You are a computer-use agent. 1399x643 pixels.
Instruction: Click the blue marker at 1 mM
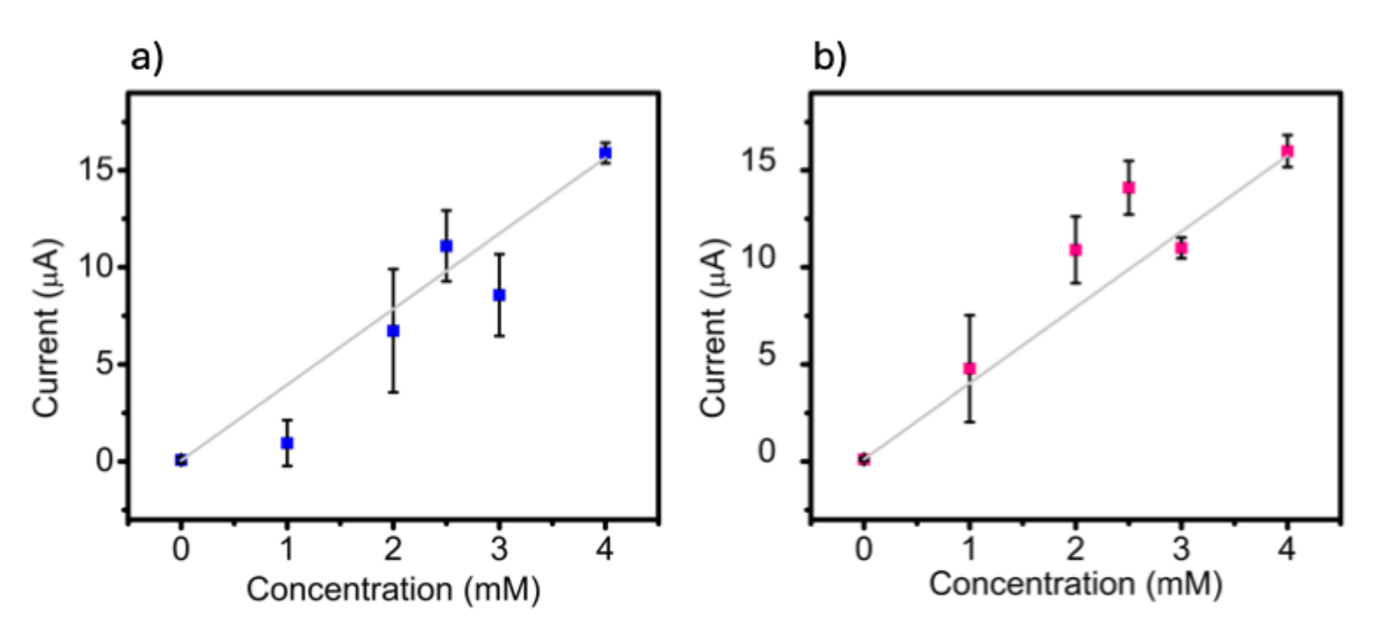(287, 443)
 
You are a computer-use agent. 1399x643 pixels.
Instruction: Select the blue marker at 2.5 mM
(446, 246)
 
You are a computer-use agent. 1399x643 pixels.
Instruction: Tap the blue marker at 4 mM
(605, 152)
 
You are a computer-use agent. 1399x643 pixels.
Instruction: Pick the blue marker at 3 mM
(499, 295)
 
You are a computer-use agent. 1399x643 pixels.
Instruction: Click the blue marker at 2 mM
(393, 331)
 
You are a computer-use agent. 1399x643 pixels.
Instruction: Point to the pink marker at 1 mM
(970, 369)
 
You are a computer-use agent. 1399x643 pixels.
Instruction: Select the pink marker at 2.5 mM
(1129, 188)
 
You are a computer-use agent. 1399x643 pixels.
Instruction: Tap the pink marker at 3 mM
(1181, 248)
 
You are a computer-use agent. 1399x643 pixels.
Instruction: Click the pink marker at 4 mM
(1287, 151)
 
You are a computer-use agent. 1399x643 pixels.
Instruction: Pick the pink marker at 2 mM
(1076, 249)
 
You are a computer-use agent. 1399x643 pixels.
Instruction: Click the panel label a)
(147, 58)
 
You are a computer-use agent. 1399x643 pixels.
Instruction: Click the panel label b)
(829, 58)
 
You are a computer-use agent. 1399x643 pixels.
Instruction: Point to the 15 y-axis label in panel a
(95, 170)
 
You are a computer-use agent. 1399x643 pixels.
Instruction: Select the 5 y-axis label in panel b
(766, 355)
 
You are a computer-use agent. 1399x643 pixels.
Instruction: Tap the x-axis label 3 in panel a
(499, 550)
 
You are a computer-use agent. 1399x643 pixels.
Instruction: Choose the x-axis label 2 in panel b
(1076, 550)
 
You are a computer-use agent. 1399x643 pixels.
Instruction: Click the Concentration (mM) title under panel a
(393, 590)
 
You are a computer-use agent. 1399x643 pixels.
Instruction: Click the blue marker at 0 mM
(181, 460)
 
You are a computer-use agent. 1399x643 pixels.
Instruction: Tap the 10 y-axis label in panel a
(95, 267)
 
